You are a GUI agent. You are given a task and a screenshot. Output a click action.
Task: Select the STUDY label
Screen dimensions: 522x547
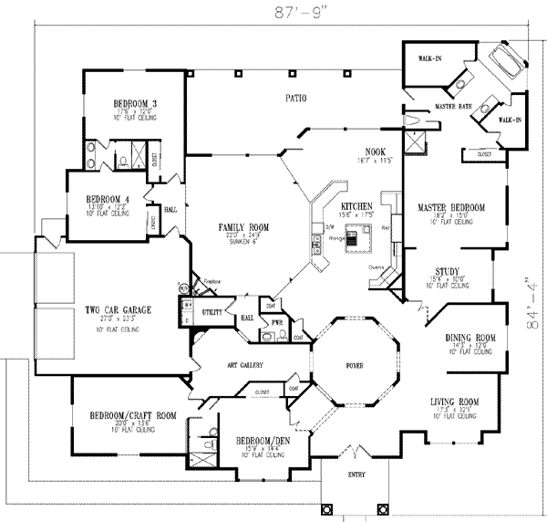tap(447, 270)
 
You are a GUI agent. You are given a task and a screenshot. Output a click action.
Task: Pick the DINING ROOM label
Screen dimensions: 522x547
tap(470, 338)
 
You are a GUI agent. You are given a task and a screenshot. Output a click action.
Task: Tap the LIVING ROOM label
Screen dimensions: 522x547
tap(456, 401)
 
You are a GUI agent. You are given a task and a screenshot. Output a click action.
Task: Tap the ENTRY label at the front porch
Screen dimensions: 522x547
tap(352, 475)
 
